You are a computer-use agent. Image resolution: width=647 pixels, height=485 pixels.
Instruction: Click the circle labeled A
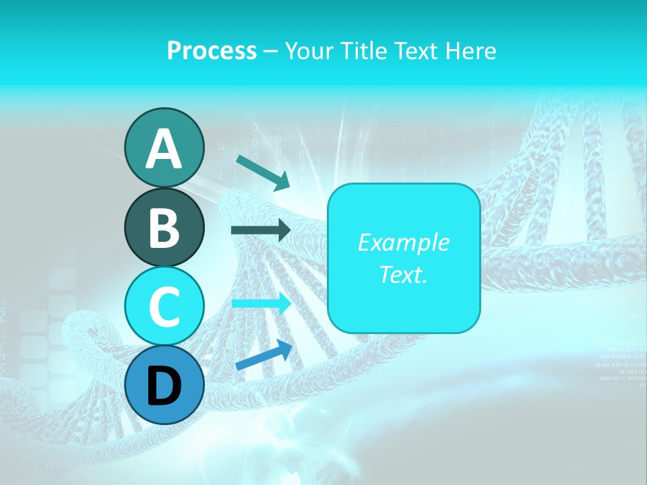[164, 148]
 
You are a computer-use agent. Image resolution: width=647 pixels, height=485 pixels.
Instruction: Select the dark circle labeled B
[164, 227]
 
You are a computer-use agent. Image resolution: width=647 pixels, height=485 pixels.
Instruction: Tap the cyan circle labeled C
[164, 306]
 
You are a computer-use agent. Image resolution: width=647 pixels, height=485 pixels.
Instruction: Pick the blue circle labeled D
[164, 385]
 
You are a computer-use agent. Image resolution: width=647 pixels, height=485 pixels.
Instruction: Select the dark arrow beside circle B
[261, 230]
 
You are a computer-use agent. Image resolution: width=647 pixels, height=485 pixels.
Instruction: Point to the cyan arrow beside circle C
[261, 304]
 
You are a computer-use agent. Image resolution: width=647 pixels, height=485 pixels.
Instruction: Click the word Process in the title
[212, 51]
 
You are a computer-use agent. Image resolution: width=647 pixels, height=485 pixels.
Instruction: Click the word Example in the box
[403, 243]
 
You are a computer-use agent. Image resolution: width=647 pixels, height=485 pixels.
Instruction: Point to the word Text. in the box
[403, 275]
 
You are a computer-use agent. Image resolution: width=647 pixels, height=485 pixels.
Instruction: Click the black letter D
[164, 386]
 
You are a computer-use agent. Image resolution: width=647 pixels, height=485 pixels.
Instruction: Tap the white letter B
[164, 228]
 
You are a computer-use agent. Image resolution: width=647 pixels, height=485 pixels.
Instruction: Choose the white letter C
[164, 307]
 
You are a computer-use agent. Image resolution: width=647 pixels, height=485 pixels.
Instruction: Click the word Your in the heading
[307, 51]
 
